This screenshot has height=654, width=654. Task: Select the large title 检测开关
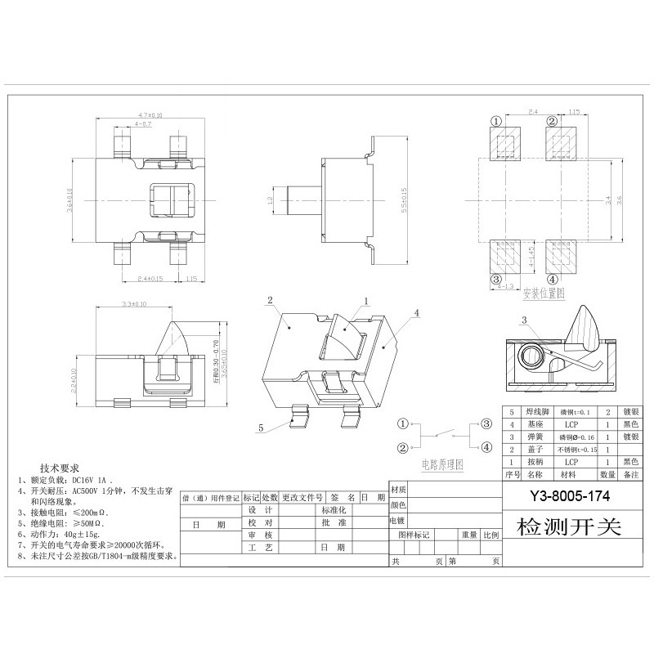pos(570,526)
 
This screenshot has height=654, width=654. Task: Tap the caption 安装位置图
pos(544,292)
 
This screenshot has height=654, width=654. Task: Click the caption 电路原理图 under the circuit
pos(442,464)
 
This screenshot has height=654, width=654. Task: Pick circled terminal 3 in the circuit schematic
pos(486,423)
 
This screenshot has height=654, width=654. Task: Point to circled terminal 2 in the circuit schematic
pos(402,447)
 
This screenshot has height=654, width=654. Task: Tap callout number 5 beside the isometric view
pos(261,427)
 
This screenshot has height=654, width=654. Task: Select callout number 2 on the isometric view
pos(269,301)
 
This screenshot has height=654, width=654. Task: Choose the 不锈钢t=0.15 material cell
pos(577,450)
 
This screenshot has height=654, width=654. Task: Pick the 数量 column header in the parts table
pos(608,473)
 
